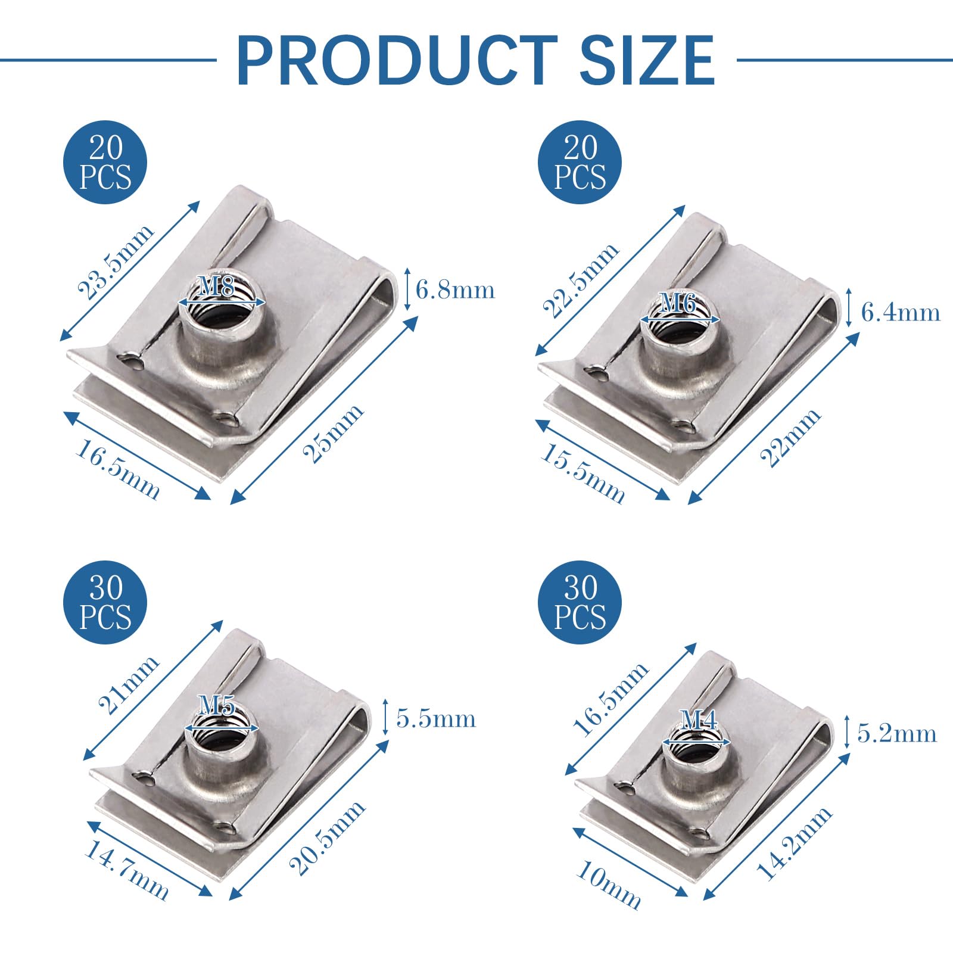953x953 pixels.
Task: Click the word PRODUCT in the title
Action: (x=397, y=60)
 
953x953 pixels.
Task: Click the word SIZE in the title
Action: (x=647, y=60)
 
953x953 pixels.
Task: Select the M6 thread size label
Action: (x=678, y=304)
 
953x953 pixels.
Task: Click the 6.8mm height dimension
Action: (x=455, y=290)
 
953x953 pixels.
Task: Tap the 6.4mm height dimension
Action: (x=901, y=312)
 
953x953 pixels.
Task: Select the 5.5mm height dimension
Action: (x=436, y=719)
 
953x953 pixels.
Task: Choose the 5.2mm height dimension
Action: (x=897, y=733)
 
